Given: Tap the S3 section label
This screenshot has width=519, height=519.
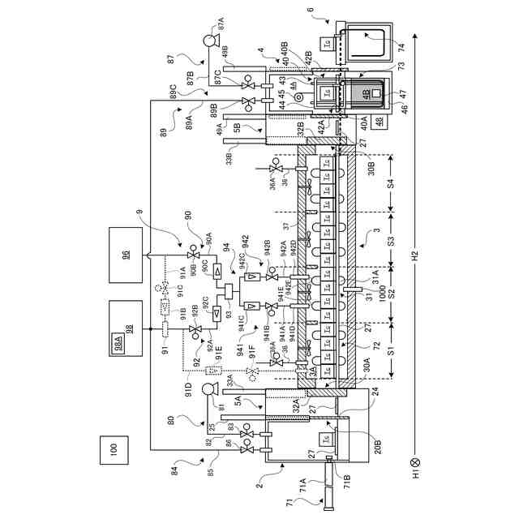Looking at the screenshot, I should tap(391, 241).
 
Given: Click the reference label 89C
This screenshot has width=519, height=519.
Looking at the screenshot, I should tap(174, 89).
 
